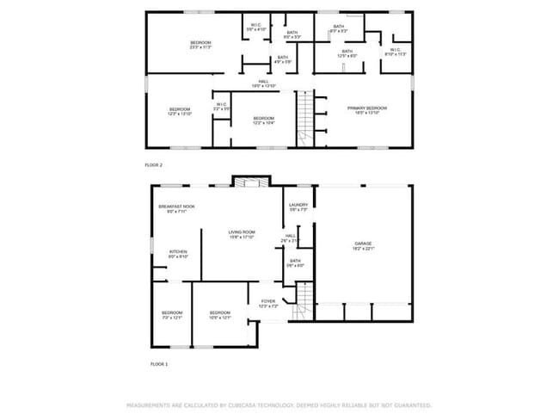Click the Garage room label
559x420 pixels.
click(363, 245)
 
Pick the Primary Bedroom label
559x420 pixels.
click(367, 109)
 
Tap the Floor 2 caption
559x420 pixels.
click(154, 164)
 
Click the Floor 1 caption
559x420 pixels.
click(159, 364)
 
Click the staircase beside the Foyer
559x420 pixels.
click(302, 303)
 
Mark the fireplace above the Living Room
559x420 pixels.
click(250, 182)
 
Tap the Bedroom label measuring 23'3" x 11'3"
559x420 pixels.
click(200, 44)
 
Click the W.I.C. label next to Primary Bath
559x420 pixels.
click(396, 52)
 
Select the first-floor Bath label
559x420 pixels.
click(295, 262)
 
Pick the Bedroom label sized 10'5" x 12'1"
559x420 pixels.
click(220, 314)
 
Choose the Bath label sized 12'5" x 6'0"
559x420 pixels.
click(347, 53)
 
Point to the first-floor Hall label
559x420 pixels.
click(291, 238)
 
